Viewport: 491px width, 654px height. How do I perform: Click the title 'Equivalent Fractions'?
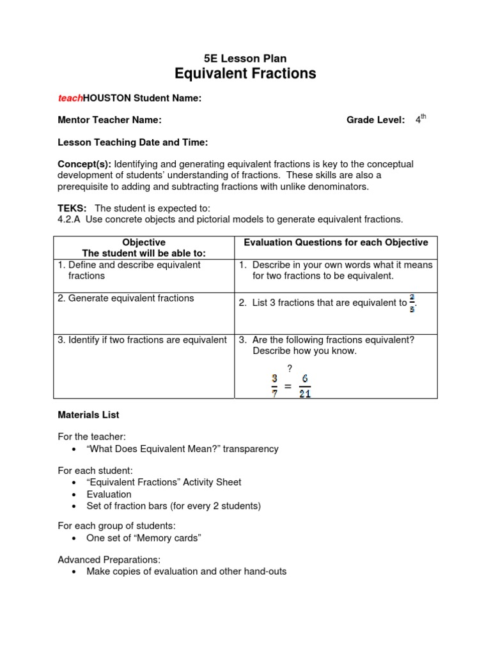(245, 74)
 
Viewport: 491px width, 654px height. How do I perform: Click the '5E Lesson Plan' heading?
(245, 58)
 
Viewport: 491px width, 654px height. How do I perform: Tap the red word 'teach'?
(70, 98)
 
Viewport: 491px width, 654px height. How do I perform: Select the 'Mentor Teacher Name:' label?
(109, 120)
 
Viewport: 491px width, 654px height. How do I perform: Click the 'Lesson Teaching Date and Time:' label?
(132, 142)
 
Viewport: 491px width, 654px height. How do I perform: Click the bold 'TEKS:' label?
(72, 208)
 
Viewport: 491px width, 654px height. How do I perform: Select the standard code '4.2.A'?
(69, 219)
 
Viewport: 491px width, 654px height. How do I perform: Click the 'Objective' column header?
(144, 243)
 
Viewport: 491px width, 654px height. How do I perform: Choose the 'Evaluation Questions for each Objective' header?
(336, 243)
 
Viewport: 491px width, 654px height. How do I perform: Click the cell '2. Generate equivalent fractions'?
(126, 298)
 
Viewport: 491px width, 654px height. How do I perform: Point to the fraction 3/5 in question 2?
(412, 303)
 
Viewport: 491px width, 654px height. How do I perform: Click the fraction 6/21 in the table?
(304, 386)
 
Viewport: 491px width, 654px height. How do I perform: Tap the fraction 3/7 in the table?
(274, 386)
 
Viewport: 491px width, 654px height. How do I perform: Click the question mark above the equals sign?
(289, 368)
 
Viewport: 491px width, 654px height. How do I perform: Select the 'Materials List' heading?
(88, 414)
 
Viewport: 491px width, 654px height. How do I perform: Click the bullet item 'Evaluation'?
(109, 494)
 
